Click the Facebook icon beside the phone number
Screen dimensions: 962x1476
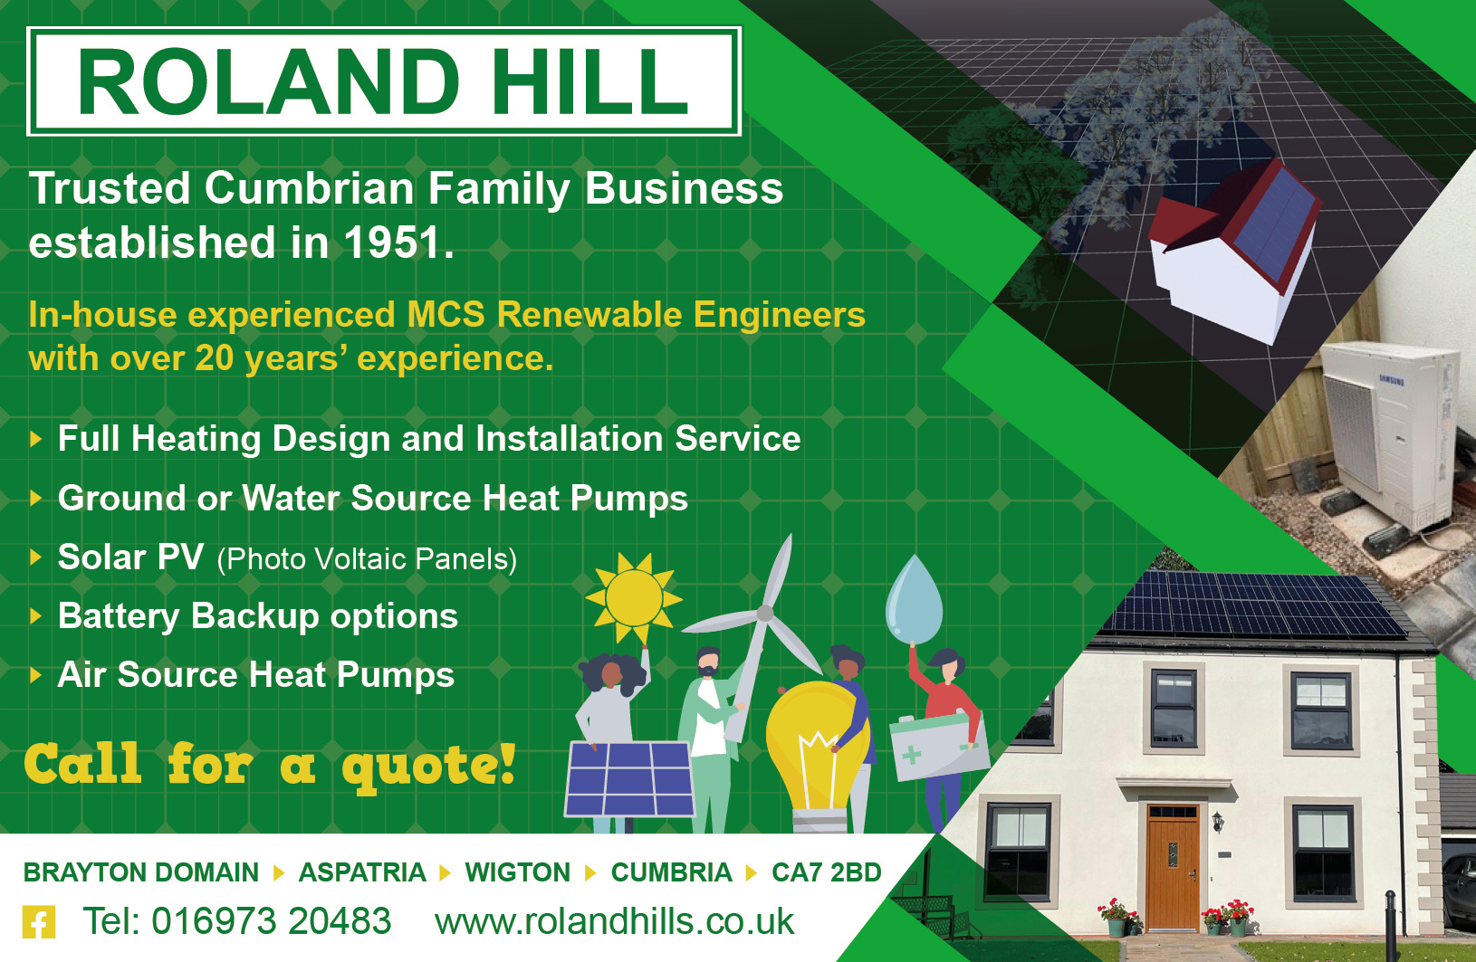[39, 922]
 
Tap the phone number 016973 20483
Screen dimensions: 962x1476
[237, 921]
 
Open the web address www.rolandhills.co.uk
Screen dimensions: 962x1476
[614, 921]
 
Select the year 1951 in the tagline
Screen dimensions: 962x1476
[393, 243]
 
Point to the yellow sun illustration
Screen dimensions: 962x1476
[634, 597]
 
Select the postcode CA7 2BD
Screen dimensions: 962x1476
[826, 872]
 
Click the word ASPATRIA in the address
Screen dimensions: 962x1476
[361, 872]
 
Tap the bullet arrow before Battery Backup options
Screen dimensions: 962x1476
[36, 616]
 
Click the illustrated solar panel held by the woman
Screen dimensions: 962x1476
[629, 778]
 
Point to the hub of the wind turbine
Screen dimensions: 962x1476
[765, 614]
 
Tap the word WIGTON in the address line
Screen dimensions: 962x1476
[517, 872]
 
